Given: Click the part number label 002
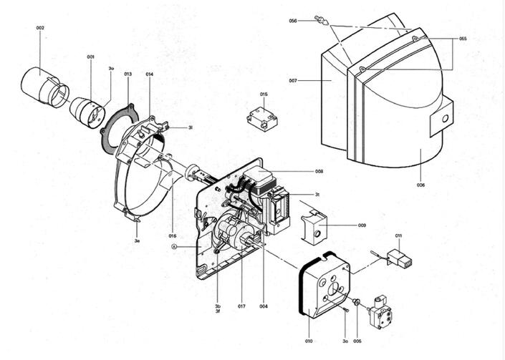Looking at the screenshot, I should [40, 28].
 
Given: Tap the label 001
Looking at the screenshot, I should [91, 57].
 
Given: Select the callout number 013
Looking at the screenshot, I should [128, 74].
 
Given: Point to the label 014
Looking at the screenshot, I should [149, 74].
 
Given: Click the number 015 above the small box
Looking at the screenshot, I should [264, 94].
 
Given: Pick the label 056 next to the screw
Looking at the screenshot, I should [293, 21].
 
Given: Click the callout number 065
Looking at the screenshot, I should [463, 39].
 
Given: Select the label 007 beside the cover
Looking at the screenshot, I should [293, 81].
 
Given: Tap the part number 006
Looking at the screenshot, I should [420, 185].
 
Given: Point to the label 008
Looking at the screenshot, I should [319, 172].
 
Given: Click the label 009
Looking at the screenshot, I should [362, 225].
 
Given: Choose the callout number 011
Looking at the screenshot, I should [398, 235].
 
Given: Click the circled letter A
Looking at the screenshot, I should [174, 246].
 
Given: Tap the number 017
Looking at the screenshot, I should [241, 306].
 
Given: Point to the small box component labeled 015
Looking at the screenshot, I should [262, 118].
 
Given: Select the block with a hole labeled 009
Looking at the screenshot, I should [314, 224].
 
